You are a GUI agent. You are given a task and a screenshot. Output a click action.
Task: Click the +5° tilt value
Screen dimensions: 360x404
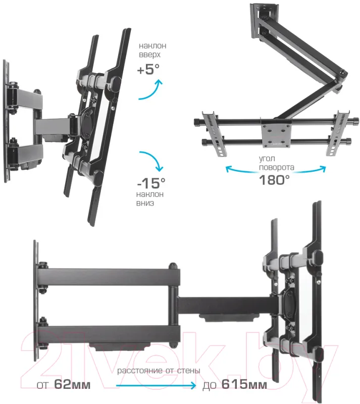click(148, 69)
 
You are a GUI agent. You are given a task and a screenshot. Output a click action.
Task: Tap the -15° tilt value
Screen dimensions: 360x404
click(151, 183)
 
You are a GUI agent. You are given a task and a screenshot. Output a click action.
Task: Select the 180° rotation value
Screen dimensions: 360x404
click(274, 180)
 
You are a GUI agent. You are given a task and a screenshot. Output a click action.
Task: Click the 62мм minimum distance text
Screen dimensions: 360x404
click(72, 385)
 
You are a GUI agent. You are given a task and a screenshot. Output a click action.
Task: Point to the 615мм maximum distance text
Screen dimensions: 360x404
click(244, 385)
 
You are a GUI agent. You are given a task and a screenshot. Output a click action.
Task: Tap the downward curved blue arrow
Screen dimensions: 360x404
click(152, 160)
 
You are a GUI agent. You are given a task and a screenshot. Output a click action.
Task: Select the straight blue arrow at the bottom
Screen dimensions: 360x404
click(156, 385)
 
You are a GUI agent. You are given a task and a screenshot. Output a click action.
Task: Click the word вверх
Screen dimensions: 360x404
click(150, 55)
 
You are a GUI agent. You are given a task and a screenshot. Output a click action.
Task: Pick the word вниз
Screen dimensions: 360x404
click(145, 203)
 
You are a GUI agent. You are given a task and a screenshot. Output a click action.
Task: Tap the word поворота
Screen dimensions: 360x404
click(277, 168)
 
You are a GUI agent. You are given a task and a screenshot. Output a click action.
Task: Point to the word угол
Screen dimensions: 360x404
click(267, 159)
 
